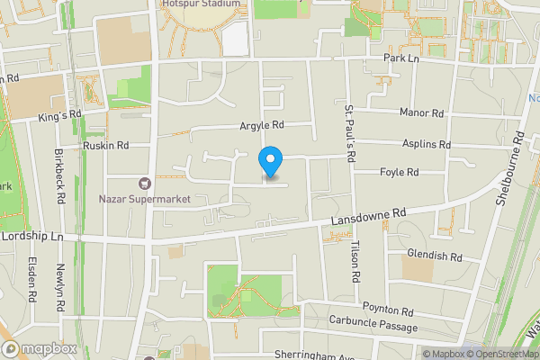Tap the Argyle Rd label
pos(261,125)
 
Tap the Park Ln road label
pos(400,58)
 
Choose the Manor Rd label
pos(422,113)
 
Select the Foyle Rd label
pos(400,172)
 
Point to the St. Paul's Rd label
pos(351,132)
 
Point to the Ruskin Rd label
pos(105,145)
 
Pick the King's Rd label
pos(60,116)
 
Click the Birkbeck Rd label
pos(60,176)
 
